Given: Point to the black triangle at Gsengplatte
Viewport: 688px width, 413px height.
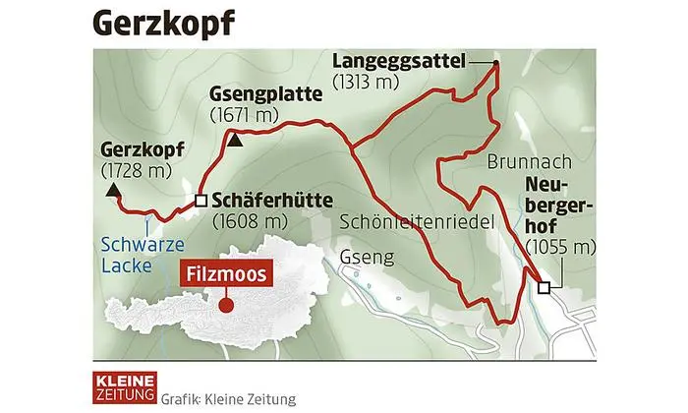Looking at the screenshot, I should pyautogui.click(x=234, y=140).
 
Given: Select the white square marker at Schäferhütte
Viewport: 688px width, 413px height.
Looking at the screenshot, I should pyautogui.click(x=201, y=200).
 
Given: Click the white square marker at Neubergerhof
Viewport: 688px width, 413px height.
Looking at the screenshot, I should pyautogui.click(x=545, y=287).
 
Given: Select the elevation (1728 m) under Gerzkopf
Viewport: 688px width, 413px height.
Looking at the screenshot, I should pyautogui.click(x=136, y=171).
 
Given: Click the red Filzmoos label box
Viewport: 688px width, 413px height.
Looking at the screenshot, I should pyautogui.click(x=227, y=276).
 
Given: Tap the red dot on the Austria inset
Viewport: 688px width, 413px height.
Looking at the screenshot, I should pyautogui.click(x=227, y=306).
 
